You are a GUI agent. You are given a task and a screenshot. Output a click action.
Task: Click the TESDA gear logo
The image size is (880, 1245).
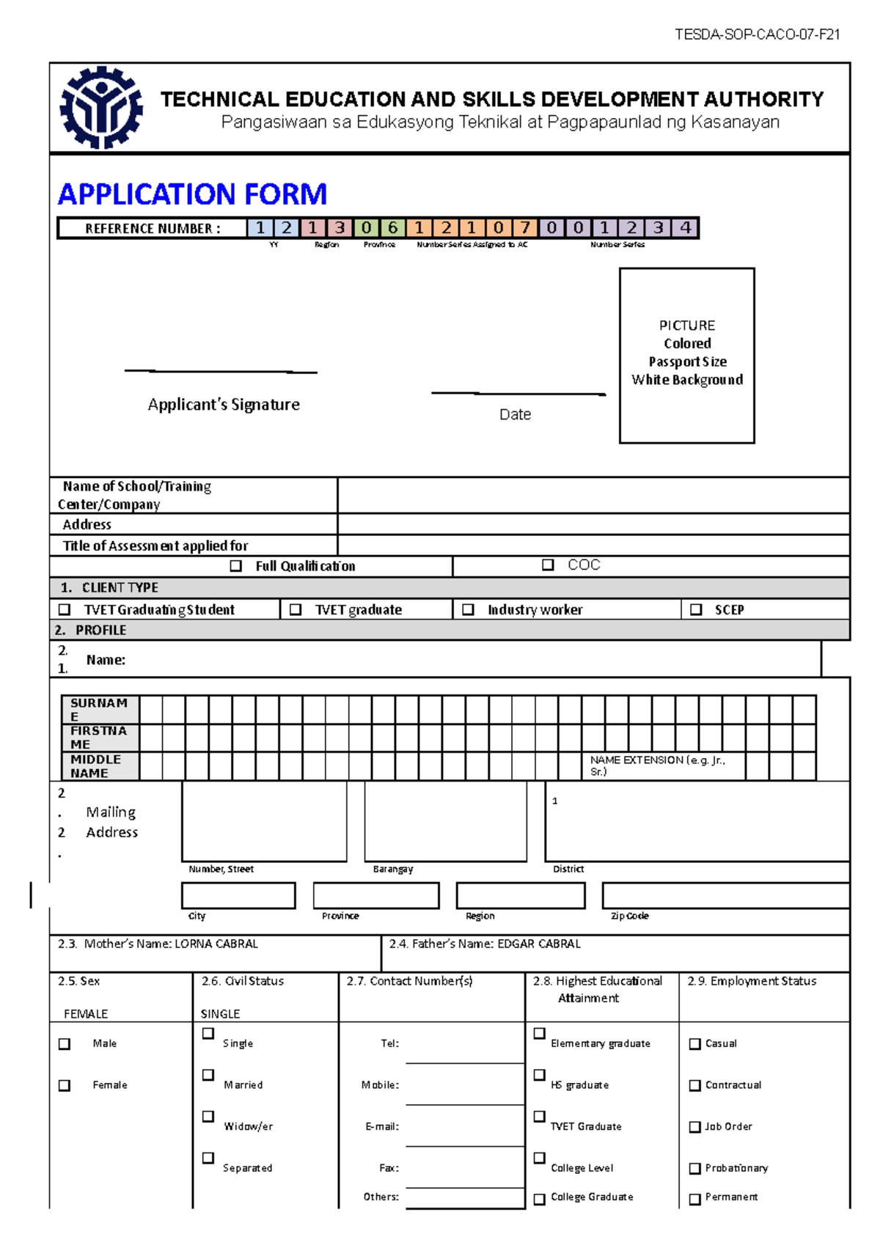pos(101,107)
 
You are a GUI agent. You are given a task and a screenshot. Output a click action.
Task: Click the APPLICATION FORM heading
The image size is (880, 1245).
pos(192,194)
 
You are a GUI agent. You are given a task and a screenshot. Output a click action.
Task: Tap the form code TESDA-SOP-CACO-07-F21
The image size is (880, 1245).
pos(757,34)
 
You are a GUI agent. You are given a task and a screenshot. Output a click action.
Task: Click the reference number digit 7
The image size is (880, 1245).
pos(525,228)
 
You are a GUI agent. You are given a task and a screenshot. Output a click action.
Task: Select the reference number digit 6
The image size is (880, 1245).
pos(393,228)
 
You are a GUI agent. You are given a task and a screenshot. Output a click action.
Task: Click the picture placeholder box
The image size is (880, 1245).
pos(686,356)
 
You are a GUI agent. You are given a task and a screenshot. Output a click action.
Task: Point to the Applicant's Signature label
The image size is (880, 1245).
pos(224,405)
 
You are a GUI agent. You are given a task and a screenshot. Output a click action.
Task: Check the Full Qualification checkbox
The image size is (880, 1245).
pos(236,566)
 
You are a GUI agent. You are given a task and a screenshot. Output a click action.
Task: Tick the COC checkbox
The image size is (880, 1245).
pos(548,565)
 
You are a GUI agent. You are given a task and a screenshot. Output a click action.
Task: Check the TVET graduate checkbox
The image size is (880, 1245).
pos(296,609)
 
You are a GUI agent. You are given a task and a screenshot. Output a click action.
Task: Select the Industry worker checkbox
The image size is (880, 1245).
pos(468,609)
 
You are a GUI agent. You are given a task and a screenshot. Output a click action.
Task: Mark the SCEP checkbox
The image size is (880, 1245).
pos(696,609)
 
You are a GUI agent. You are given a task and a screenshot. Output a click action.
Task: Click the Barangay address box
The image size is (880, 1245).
pos(445,821)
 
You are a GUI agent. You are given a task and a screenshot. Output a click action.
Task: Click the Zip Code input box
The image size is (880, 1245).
pos(725,895)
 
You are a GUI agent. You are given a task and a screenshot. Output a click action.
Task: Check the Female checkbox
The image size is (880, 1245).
pos(65,1085)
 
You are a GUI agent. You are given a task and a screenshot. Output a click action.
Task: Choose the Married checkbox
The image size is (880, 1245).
pos(208,1075)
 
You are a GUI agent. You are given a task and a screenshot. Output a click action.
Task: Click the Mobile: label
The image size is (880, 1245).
pos(380,1085)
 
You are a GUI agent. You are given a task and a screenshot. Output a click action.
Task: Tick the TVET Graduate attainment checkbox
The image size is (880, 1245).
pos(539,1116)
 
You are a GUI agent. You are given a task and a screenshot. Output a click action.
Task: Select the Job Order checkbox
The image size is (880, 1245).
pos(695,1127)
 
